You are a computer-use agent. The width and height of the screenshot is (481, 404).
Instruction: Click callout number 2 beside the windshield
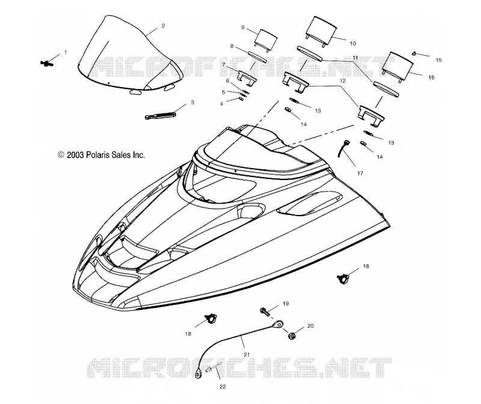point(163,26)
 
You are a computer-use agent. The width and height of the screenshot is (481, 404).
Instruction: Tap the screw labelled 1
point(47,64)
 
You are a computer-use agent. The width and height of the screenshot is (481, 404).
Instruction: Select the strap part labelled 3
point(160,115)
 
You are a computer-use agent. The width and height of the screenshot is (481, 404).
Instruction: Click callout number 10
point(353,43)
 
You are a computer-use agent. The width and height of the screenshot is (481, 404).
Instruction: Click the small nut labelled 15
point(414,53)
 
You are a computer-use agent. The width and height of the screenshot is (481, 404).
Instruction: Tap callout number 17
point(360,173)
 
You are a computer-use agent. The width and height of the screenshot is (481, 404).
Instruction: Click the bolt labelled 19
point(265,312)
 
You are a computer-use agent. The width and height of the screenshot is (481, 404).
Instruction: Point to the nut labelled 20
point(292,336)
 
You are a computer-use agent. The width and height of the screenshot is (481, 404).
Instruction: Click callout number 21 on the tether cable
point(247,354)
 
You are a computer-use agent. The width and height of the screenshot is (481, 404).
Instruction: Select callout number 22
point(222,387)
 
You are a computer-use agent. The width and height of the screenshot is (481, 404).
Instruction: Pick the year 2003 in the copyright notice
point(75,155)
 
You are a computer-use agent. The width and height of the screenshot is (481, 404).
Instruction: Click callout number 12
point(343,81)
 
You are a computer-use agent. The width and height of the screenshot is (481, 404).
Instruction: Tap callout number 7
point(224,65)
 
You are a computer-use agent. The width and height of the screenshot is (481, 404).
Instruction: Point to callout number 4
point(221,104)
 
